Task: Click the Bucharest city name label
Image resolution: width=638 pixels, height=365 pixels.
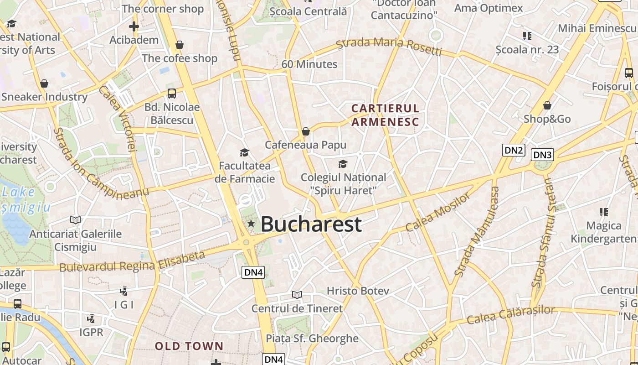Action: (x=311, y=224)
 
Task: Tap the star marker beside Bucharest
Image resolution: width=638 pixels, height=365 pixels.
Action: (x=251, y=224)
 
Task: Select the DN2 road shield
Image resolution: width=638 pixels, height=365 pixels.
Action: (x=514, y=150)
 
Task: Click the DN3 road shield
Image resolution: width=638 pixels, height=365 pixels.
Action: (x=542, y=155)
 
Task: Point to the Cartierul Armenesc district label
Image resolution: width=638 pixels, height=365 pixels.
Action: (x=385, y=115)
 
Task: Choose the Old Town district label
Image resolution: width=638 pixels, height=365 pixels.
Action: (x=189, y=346)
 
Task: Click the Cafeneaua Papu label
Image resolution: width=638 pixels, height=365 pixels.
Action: (x=306, y=145)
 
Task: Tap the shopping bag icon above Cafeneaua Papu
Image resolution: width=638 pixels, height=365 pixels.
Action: (x=306, y=131)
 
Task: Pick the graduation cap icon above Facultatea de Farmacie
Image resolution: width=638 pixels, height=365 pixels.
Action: (x=245, y=152)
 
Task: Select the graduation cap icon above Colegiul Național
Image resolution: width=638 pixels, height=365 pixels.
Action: (x=343, y=164)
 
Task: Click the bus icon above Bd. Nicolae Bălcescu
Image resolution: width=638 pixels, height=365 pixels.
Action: (x=172, y=94)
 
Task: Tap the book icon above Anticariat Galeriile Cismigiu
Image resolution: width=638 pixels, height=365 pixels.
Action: (x=76, y=220)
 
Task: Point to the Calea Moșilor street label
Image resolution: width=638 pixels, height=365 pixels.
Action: (x=438, y=211)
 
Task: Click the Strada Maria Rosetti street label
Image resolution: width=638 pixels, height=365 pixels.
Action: (x=389, y=47)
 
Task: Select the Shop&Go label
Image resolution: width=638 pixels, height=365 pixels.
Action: (x=547, y=119)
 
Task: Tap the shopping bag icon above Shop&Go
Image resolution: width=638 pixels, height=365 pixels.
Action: (x=547, y=106)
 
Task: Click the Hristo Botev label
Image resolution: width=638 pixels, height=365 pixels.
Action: (x=358, y=291)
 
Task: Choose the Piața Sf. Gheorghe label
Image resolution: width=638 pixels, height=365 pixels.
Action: (x=312, y=339)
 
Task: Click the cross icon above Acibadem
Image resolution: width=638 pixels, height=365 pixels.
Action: (x=134, y=26)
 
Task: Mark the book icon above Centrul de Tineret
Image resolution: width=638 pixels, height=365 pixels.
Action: (x=297, y=295)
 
